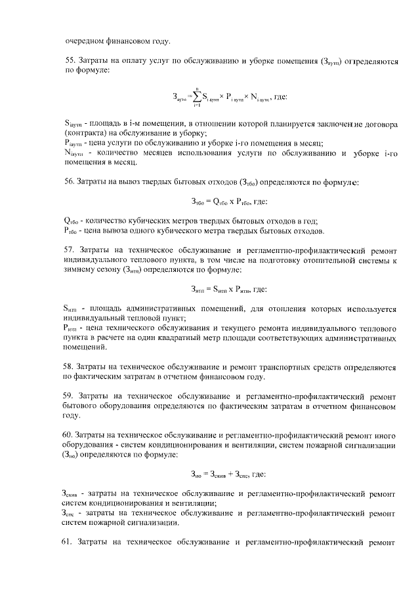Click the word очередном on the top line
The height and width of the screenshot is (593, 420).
pos(86,41)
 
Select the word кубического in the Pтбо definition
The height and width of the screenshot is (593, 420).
pos(183,231)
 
